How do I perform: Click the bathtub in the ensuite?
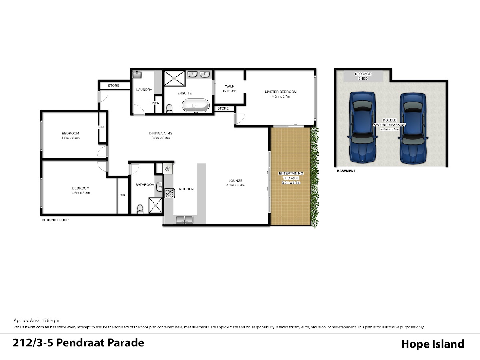pyautogui.click(x=196, y=105)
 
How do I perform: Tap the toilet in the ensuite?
pyautogui.click(x=169, y=109)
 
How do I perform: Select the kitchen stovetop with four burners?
pyautogui.click(x=170, y=193)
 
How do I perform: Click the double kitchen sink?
pyautogui.click(x=184, y=220)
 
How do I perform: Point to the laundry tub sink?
pyautogui.click(x=137, y=74)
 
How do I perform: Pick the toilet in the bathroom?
pyautogui.click(x=140, y=209)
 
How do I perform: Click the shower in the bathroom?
pyautogui.click(x=156, y=205)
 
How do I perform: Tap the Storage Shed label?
pyautogui.click(x=363, y=76)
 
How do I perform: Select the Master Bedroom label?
pyautogui.click(x=280, y=92)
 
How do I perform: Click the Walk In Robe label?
pyautogui.click(x=230, y=88)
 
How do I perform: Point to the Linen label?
pyautogui.click(x=154, y=103)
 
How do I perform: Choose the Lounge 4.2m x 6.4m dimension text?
pyautogui.click(x=236, y=185)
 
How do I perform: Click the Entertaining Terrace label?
pyautogui.click(x=291, y=176)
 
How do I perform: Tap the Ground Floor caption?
pyautogui.click(x=55, y=220)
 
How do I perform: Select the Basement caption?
pyautogui.click(x=346, y=171)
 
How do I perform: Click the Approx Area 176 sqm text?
pyautogui.click(x=36, y=320)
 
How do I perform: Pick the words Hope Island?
pyautogui.click(x=432, y=344)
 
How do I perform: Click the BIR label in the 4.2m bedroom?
pyautogui.click(x=101, y=127)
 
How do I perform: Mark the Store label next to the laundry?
pyautogui.click(x=114, y=86)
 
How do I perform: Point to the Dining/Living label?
pyautogui.click(x=160, y=133)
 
